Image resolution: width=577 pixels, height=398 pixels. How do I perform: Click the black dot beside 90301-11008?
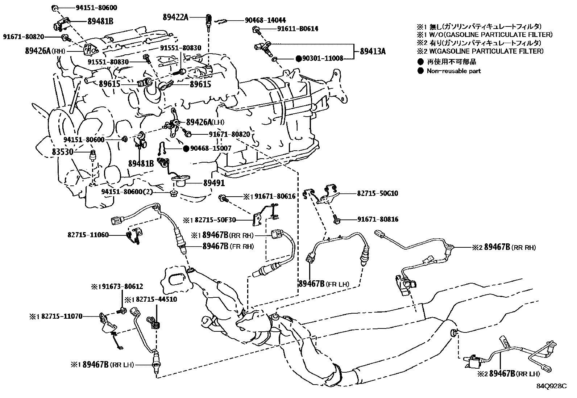tap(299, 58)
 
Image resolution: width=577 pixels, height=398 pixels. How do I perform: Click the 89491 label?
tap(214, 183)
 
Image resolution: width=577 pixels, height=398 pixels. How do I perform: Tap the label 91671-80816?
tap(378, 219)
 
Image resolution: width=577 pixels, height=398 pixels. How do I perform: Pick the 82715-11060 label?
tap(88, 235)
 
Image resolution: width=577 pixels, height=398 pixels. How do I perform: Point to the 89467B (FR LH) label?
tap(324, 284)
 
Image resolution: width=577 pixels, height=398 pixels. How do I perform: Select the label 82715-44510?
tap(156, 299)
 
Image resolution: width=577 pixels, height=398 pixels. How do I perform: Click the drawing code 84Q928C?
tap(551, 386)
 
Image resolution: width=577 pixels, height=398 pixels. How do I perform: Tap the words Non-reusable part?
tap(453, 71)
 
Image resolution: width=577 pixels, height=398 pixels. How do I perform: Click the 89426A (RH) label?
tap(45, 51)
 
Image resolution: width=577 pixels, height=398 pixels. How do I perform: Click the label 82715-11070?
tap(61, 316)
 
